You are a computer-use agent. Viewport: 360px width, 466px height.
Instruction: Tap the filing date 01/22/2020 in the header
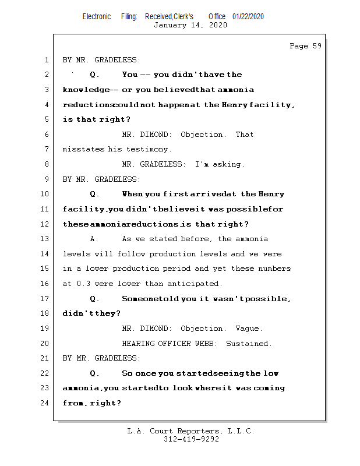(x=248, y=17)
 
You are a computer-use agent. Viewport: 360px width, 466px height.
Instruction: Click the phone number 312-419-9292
(x=191, y=440)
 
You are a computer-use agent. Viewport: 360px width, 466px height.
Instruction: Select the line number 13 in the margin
(x=45, y=239)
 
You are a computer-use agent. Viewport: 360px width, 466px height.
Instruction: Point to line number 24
(x=45, y=403)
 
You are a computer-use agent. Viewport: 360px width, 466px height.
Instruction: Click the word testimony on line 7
(x=150, y=150)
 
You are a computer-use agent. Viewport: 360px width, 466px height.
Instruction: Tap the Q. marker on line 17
(x=95, y=299)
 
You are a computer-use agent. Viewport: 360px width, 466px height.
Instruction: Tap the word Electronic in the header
(x=97, y=17)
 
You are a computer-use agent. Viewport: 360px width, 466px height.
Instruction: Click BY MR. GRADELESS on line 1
(x=101, y=60)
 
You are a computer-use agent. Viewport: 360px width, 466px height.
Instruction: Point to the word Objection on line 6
(x=203, y=135)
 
